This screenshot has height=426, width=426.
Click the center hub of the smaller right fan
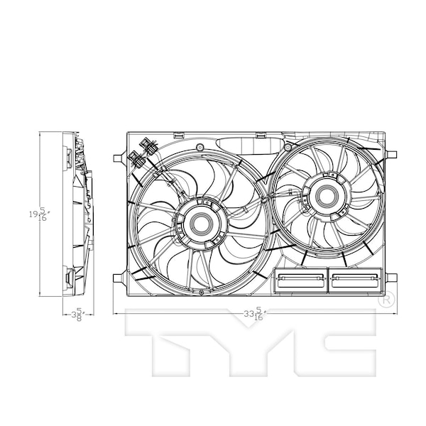click(327, 195)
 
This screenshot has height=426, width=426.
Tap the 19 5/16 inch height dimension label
click(39, 214)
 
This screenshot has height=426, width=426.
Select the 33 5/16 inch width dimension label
click(255, 313)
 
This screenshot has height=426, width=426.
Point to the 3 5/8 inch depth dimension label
click(78, 315)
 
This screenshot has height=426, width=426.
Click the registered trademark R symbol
click(386, 300)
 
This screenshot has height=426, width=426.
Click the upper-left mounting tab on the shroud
click(120, 158)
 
